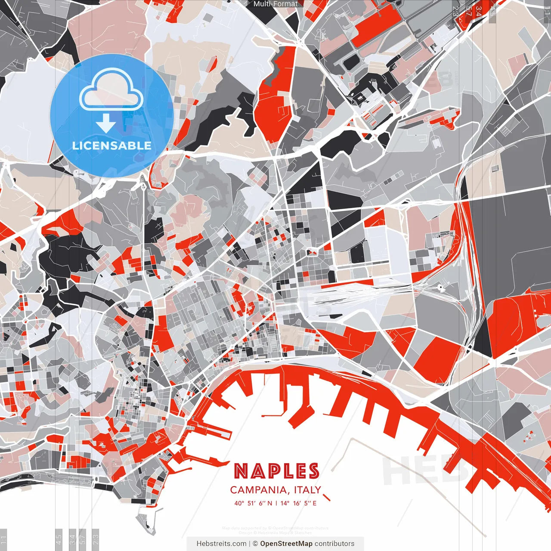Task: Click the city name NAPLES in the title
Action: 276,471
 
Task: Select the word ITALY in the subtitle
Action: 308,490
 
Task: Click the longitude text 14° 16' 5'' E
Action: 298,503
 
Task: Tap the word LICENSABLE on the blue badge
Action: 112,145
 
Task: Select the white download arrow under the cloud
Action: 106,123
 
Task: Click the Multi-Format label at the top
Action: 275,4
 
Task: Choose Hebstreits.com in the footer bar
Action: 221,544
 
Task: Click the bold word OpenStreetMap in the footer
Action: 286,544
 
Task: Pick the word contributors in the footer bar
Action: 334,544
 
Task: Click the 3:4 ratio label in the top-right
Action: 479,11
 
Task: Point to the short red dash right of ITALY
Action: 326,498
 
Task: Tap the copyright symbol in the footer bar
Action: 255,544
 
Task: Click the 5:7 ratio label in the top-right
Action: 468,11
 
